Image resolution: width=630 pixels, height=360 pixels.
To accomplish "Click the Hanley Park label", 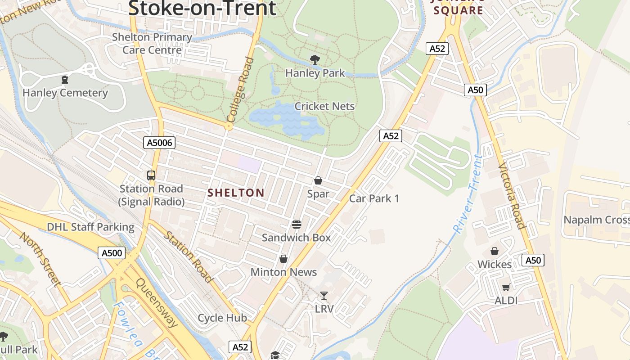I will pyautogui.click(x=315, y=73).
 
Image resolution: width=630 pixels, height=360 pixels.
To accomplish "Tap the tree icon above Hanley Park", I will pyautogui.click(x=315, y=59).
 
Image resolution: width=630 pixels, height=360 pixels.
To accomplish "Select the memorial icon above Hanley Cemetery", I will pyautogui.click(x=65, y=80).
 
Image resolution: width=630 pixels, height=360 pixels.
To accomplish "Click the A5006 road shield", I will pyautogui.click(x=159, y=143).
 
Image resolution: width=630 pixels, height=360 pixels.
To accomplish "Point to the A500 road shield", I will pyautogui.click(x=111, y=253).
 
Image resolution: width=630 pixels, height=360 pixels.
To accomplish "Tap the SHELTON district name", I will pyautogui.click(x=236, y=193).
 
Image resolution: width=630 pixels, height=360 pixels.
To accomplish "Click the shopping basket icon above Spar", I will pyautogui.click(x=318, y=180).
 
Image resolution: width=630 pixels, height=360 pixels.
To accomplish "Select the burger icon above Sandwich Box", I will pyautogui.click(x=296, y=224).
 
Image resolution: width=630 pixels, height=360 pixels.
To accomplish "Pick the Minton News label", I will pyautogui.click(x=283, y=272).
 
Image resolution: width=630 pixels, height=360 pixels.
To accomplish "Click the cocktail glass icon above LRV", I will pyautogui.click(x=324, y=296).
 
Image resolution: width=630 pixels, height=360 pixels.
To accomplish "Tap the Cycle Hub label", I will pyautogui.click(x=222, y=318).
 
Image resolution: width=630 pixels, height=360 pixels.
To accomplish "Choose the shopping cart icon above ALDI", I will pyautogui.click(x=506, y=287).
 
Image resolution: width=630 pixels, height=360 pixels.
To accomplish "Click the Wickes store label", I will pyautogui.click(x=495, y=265).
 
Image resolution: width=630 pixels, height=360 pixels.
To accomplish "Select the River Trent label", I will pyautogui.click(x=468, y=194).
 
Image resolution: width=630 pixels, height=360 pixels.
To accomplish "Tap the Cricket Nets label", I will pyautogui.click(x=324, y=107).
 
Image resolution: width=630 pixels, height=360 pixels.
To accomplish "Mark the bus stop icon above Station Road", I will pyautogui.click(x=151, y=175).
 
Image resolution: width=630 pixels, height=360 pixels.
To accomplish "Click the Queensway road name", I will pyautogui.click(x=157, y=303).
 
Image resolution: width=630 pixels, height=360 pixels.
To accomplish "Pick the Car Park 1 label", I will pyautogui.click(x=374, y=198).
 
